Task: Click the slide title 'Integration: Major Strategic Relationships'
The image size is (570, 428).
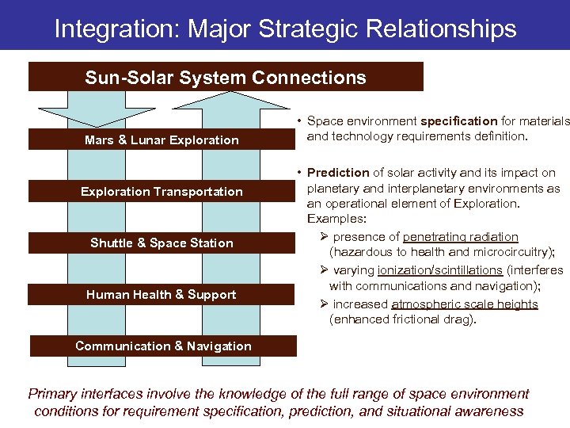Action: point(285,29)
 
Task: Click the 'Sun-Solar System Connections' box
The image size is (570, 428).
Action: point(226,78)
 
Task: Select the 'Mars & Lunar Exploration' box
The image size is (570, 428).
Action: point(161,140)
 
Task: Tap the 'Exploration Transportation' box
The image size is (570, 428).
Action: point(161,192)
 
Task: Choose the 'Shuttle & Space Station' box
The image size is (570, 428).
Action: point(161,243)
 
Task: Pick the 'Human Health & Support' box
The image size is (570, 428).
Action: point(161,295)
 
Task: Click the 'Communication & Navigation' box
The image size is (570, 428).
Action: point(163,346)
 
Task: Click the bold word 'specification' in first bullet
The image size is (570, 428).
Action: point(459,121)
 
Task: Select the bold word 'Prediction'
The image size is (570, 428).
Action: point(338,172)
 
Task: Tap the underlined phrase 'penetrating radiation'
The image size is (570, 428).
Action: point(461,237)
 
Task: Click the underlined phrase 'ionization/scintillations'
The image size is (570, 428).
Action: point(440,270)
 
